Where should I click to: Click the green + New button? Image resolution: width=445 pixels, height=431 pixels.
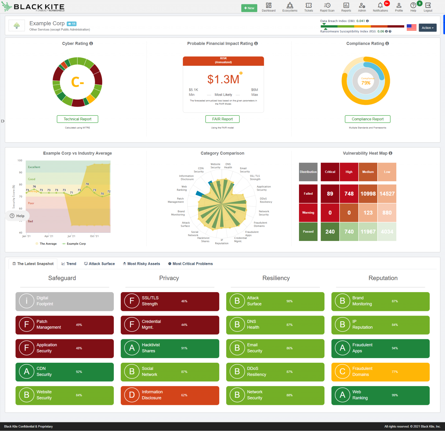249,8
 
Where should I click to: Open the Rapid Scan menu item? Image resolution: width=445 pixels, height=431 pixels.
327,7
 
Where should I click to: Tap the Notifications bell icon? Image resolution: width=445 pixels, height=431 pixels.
380,5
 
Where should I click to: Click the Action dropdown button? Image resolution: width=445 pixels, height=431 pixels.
427,28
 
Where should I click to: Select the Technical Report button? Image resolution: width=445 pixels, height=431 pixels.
77,119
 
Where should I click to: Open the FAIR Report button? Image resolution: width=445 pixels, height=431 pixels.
222,119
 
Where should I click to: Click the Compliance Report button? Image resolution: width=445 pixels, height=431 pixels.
367,119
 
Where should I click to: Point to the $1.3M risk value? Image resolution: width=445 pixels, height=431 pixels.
223,80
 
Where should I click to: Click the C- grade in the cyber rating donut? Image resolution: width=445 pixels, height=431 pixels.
77,82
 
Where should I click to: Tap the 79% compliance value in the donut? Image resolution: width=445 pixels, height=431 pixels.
366,83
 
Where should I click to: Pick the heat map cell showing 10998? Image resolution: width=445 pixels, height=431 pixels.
368,194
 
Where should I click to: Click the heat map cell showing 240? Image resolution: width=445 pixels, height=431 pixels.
330,232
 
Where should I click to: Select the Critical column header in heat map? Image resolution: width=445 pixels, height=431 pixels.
330,172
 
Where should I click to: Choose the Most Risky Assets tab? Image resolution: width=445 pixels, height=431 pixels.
141,264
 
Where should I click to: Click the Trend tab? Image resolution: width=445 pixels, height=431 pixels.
69,264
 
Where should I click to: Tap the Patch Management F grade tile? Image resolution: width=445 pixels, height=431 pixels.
65,325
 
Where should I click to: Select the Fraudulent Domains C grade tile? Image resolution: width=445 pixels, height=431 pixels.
380,372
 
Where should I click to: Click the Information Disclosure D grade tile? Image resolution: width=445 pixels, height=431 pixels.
170,395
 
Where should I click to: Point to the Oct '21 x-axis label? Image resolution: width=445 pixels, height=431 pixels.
94,236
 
